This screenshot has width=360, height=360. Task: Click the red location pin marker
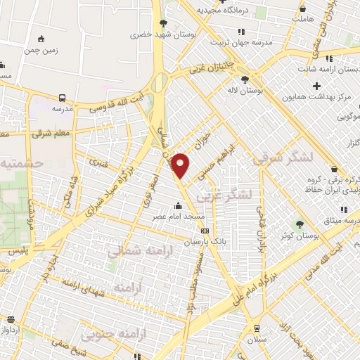click(181, 165)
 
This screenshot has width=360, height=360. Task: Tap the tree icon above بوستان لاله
click(245, 79)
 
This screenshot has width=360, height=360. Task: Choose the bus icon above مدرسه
click(63, 98)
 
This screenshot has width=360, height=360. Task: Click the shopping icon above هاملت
click(303, 8)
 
